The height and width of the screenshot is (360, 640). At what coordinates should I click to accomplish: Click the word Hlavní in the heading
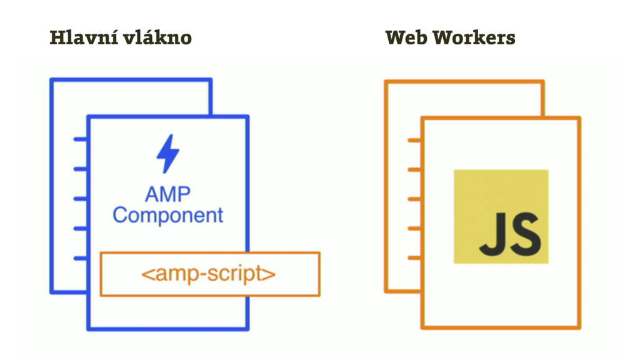coord(82,37)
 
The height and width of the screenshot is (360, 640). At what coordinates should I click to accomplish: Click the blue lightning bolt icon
coord(167,154)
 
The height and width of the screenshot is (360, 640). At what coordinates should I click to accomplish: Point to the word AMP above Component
coord(167,194)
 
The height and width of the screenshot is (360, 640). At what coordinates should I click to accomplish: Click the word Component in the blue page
coord(167,216)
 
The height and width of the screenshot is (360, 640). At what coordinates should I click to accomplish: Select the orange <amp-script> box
coord(209,274)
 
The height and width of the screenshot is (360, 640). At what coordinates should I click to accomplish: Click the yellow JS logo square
coord(501,216)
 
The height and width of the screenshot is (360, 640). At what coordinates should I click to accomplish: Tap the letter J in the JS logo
coord(491,234)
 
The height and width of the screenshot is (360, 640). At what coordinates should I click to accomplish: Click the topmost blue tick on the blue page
coord(81,139)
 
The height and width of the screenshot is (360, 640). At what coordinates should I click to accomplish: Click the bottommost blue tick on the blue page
coord(81,257)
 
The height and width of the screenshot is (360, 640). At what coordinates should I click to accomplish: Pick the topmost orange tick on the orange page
coord(414,140)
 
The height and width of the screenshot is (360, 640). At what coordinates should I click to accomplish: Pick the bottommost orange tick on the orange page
coord(414,257)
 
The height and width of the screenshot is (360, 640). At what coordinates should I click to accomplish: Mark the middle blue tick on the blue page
coord(81,199)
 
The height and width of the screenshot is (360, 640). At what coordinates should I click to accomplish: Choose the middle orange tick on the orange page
coord(414,199)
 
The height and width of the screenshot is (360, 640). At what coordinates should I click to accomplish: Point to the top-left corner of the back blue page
coord(51,80)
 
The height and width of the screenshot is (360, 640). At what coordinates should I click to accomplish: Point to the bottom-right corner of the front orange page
coord(579,327)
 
